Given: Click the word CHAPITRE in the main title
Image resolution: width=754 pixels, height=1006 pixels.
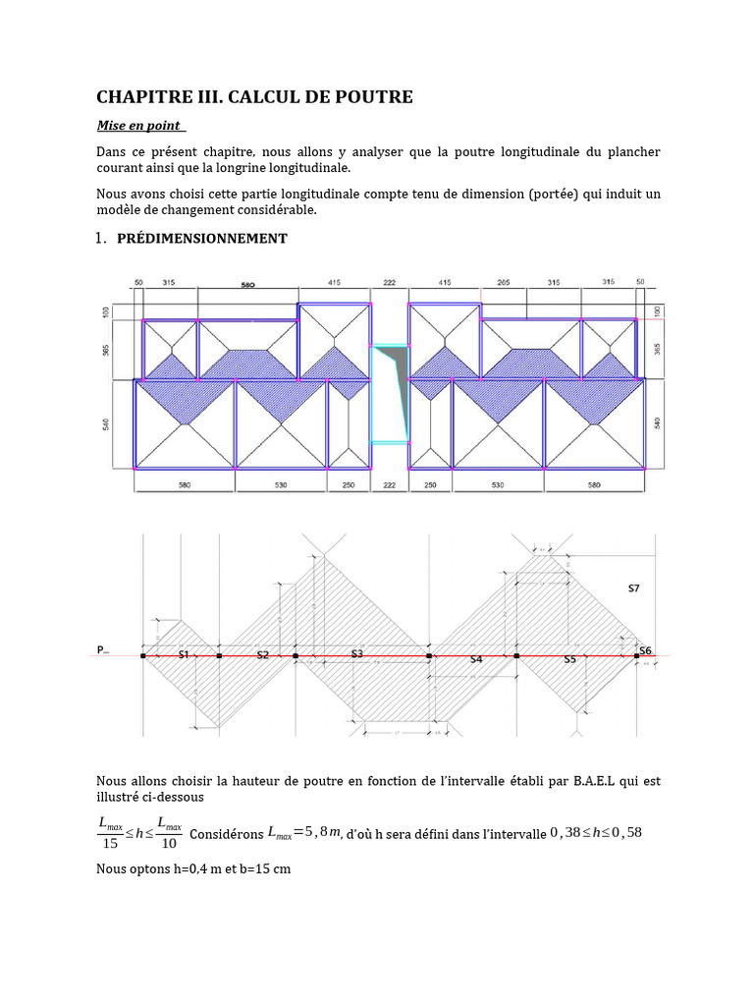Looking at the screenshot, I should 143,96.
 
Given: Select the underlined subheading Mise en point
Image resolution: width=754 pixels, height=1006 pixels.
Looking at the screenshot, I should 138,126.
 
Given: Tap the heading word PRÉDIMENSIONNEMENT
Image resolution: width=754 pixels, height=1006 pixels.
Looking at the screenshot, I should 202,239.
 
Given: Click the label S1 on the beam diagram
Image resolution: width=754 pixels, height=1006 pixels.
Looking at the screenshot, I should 183,653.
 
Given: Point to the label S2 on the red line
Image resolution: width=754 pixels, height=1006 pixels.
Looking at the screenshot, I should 262,653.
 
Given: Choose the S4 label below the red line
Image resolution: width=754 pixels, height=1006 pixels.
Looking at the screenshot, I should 475,660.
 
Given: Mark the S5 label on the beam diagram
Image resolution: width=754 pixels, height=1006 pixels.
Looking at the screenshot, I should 569,660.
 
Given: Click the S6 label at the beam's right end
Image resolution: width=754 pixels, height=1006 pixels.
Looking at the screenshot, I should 645,650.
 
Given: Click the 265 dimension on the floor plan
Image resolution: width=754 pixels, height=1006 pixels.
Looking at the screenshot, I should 504,282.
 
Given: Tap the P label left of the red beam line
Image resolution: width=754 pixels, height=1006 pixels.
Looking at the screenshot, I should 101,650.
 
